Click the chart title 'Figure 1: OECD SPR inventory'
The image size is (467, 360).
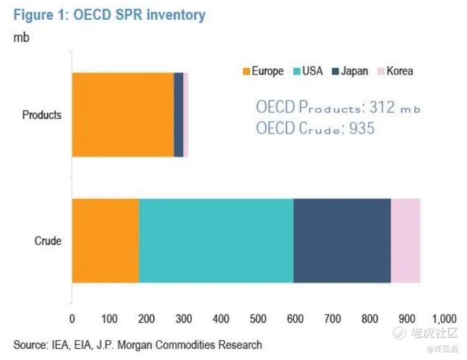tap(109, 15)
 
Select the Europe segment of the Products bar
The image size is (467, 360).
tap(123, 115)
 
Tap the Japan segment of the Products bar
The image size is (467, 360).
tap(178, 115)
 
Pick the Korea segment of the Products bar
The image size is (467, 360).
tap(186, 115)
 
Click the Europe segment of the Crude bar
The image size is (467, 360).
tap(106, 241)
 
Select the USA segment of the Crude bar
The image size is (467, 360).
tap(216, 241)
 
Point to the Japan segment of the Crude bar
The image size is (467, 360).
tap(342, 241)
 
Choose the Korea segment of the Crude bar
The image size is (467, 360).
tap(406, 241)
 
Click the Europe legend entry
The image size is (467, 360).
tap(263, 71)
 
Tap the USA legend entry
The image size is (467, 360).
tap(307, 71)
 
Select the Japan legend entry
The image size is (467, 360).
tap(352, 71)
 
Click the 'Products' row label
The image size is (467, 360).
tap(42, 115)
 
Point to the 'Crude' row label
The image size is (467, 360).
tap(48, 241)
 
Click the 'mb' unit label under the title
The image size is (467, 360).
tap(21, 37)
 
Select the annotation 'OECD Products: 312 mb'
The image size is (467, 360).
tap(338, 107)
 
